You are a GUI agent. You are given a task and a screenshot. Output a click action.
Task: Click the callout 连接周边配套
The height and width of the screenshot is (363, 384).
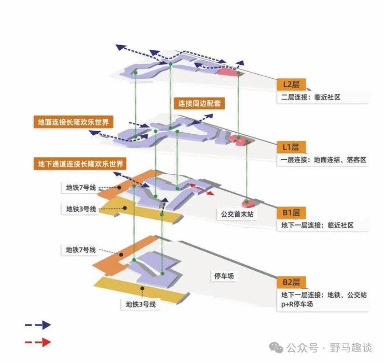[x=199, y=103]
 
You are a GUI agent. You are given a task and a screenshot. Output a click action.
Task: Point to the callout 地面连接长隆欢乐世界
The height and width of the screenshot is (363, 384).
[x=73, y=123]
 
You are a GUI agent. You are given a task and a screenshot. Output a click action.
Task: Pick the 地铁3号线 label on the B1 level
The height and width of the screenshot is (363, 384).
[x=81, y=209]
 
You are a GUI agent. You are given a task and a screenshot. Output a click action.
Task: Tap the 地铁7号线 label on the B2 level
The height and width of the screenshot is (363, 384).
[x=81, y=249]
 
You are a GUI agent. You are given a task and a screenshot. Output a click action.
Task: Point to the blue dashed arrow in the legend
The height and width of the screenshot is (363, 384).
[x=38, y=325]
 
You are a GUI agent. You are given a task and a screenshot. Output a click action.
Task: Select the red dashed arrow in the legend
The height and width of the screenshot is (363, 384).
[x=38, y=342]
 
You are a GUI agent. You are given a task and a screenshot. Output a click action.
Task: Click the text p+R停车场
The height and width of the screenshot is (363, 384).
[x=297, y=304]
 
